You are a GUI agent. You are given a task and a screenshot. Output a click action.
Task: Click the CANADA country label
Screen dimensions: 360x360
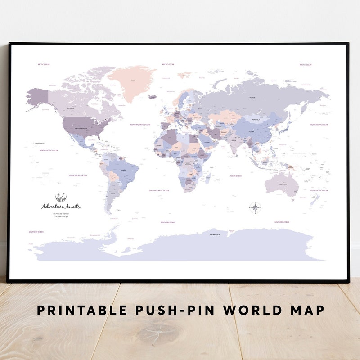[71, 108]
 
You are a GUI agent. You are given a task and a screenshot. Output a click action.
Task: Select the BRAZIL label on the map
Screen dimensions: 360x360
[123, 170]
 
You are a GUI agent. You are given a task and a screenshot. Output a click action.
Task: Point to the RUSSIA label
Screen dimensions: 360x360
[252, 98]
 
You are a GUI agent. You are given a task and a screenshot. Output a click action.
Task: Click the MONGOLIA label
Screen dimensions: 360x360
[256, 120]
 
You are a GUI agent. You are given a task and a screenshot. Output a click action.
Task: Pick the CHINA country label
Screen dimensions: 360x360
[252, 132]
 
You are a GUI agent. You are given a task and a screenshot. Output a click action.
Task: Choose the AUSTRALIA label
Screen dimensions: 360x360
[283, 184]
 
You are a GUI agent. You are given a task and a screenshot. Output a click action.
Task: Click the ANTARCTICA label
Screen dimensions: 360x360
[214, 234]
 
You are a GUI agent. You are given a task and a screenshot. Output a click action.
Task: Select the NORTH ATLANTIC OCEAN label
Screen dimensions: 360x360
[139, 125]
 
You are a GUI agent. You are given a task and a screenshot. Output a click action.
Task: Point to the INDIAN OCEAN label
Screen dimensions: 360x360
[235, 176]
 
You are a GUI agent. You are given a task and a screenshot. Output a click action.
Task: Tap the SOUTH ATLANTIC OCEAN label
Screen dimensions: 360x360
[159, 190]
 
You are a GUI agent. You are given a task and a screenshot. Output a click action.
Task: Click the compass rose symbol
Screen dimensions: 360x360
[255, 207]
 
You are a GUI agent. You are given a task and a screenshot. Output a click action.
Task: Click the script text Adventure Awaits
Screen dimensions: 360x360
[61, 207]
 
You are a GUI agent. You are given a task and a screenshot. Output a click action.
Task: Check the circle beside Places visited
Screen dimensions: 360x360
[54, 214]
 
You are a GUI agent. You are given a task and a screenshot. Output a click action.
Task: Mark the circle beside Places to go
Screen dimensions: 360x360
[54, 216]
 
